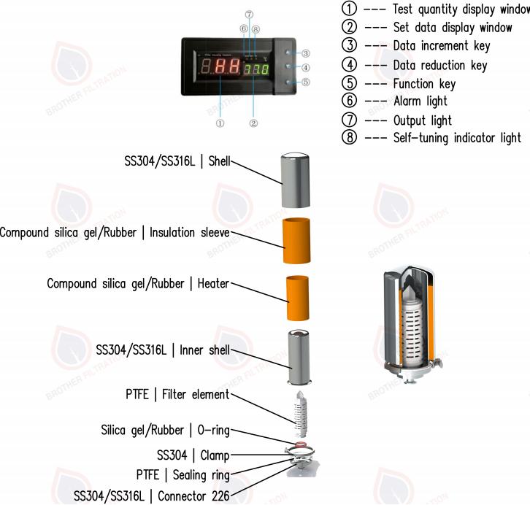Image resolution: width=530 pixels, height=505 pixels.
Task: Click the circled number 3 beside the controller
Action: (306, 53)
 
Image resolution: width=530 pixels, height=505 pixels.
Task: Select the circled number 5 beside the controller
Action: (306, 82)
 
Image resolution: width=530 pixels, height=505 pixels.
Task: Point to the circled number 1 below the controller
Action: (220, 123)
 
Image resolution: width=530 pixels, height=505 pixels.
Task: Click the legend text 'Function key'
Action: (423, 83)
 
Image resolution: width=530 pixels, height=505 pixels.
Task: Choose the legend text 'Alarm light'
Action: (420, 101)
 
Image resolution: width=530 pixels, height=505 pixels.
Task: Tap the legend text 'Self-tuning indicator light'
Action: (456, 138)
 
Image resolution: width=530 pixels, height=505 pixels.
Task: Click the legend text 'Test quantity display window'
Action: (460, 9)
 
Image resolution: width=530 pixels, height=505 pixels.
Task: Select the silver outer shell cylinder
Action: (298, 181)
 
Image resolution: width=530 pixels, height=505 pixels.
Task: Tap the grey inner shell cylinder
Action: (300, 357)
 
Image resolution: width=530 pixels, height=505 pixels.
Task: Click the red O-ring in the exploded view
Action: (300, 443)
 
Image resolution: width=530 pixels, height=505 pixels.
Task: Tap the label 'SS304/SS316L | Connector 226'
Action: (152, 496)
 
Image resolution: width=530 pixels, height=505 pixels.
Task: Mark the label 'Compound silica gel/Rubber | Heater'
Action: (138, 283)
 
